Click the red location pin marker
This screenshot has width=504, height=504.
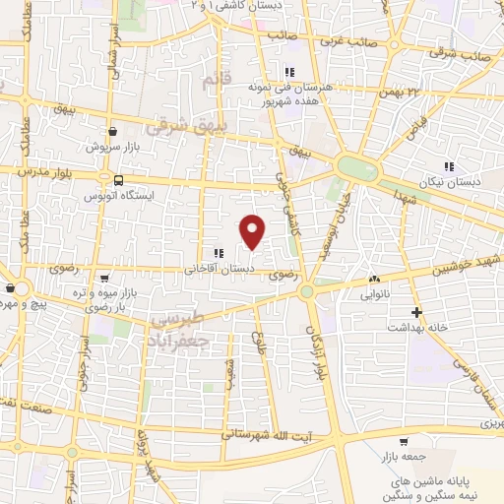click(x=253, y=230)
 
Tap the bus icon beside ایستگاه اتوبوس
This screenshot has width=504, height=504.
click(x=118, y=180)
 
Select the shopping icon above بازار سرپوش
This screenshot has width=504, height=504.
click(x=113, y=130)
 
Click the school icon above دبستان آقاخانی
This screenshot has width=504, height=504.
click(x=217, y=253)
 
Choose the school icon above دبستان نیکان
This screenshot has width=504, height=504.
click(x=449, y=166)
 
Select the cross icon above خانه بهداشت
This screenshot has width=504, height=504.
click(x=417, y=312)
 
